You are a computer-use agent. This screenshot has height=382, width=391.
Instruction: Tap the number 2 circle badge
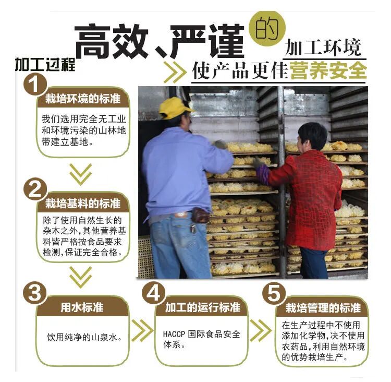coord(35,189)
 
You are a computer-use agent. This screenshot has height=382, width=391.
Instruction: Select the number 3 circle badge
coord(34,293)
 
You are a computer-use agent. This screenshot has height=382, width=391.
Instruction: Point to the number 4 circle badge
coord(154,293)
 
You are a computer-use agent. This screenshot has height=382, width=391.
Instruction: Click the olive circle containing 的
coord(267,29)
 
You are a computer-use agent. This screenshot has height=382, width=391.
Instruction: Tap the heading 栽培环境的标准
coord(83,99)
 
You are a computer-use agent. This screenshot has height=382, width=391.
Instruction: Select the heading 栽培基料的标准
coord(83,204)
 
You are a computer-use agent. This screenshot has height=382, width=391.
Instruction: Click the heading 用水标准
coord(82,307)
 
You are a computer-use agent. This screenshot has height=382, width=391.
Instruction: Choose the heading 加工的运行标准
coord(203,307)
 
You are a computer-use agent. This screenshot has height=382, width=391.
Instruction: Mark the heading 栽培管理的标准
coord(323,308)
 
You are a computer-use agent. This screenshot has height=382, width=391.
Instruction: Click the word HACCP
coord(174,334)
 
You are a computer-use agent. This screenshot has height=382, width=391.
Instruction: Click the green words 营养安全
coord(328,70)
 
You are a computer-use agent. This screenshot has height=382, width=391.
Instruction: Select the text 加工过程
coord(45,64)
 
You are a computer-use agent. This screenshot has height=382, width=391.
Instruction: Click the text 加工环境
coord(323,47)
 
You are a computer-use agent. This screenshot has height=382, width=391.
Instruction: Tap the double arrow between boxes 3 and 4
coord(142,330)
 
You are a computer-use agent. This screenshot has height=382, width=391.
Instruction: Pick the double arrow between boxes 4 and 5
coord(261,330)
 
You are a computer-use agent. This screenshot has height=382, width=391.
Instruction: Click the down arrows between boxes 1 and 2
coord(80,174)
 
